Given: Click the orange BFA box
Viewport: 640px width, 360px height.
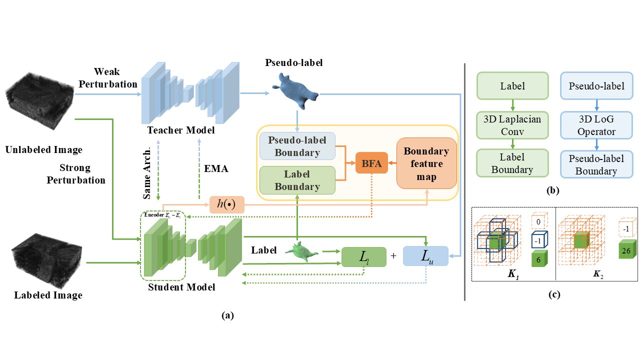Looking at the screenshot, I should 371,162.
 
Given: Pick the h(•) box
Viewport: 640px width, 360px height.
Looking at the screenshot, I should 226,204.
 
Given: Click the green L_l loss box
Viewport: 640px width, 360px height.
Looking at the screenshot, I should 363,257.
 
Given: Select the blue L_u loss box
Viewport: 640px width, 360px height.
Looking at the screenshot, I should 424,257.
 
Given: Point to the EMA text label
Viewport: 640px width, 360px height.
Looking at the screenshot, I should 216,168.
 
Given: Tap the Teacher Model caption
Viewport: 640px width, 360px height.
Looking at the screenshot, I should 181,130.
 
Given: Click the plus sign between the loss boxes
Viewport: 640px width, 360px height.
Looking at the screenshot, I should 393,256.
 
